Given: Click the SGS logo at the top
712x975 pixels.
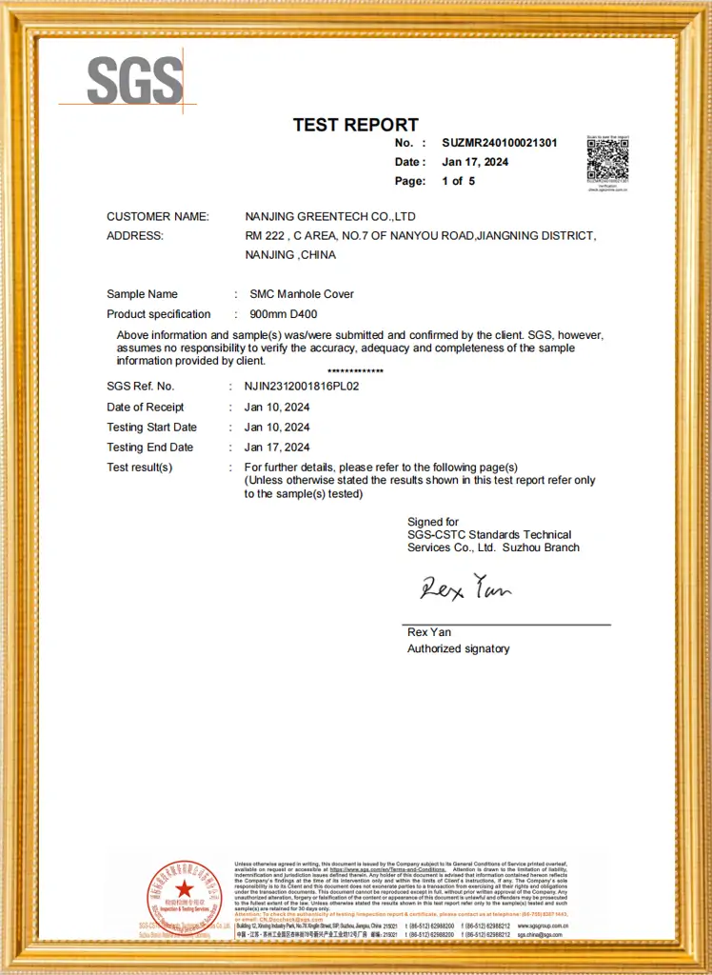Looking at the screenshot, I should point(134,80).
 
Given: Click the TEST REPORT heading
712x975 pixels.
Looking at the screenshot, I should point(355,125).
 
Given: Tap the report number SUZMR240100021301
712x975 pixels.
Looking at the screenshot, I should point(500,143).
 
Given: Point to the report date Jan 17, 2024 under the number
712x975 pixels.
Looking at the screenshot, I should point(475,162).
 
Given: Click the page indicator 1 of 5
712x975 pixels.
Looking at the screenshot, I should point(458,181).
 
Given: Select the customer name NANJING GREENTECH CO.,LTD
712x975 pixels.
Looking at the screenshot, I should point(330,217).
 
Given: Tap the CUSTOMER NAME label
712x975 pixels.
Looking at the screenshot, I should point(157,217).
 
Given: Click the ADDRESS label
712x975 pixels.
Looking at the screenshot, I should point(134,236).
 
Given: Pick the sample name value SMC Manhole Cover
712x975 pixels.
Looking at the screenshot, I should point(301,294).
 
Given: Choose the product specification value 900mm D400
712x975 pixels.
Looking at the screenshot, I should point(285,314).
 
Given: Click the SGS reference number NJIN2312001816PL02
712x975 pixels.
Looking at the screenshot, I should point(301,387).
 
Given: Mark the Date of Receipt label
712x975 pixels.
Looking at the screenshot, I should point(145,408).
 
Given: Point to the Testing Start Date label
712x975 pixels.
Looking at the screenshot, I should point(151,428).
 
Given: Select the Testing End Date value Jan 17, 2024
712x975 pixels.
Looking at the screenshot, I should point(276,448).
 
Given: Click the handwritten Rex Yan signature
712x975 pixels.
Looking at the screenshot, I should point(465,587).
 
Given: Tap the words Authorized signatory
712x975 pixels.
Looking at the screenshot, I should point(458,649).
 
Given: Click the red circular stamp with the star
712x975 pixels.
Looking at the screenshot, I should point(183,895).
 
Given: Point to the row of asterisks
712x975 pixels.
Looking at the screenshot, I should point(355,371).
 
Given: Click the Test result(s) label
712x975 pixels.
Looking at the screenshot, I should point(139,468).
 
